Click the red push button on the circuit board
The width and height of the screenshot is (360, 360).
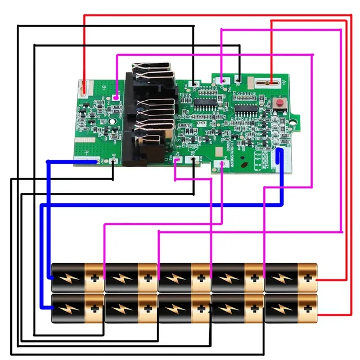tap(278, 105)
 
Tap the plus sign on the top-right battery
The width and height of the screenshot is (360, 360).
tap(307, 277)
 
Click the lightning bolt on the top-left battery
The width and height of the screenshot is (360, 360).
tap(69, 277)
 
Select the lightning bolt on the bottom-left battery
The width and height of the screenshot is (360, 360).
tap(69, 309)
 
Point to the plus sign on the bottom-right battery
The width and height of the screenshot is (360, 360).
tap(307, 309)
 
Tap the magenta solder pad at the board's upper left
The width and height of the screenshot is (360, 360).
tap(116, 98)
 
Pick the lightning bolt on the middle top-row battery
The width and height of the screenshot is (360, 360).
tap(175, 277)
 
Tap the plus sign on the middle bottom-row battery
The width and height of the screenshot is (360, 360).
tap(201, 309)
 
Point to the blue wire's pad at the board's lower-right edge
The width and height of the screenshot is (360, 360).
tap(281, 161)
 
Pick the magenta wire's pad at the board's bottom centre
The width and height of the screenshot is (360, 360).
tap(223, 164)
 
